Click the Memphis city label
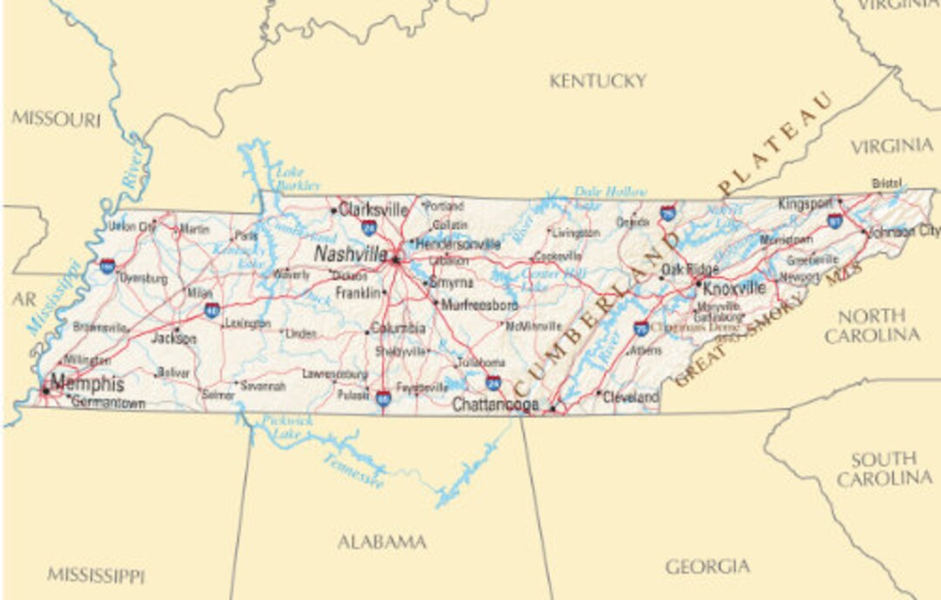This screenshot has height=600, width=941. (87, 383)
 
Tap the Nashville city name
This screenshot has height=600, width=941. (350, 254)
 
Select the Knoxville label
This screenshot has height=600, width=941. (734, 287)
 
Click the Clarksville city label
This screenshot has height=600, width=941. (373, 210)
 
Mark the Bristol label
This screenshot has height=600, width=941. (887, 183)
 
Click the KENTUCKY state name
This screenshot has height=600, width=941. (598, 81)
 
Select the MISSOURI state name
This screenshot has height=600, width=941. (57, 119)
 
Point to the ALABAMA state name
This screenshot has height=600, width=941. (382, 543)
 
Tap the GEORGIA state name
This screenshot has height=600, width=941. (707, 567)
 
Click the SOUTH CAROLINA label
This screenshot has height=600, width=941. (883, 469)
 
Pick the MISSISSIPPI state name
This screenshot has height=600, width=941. (96, 575)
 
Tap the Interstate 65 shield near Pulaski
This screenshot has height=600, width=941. (383, 399)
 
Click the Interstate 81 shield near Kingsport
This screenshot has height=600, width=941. (835, 220)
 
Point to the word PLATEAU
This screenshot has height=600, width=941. (775, 144)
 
